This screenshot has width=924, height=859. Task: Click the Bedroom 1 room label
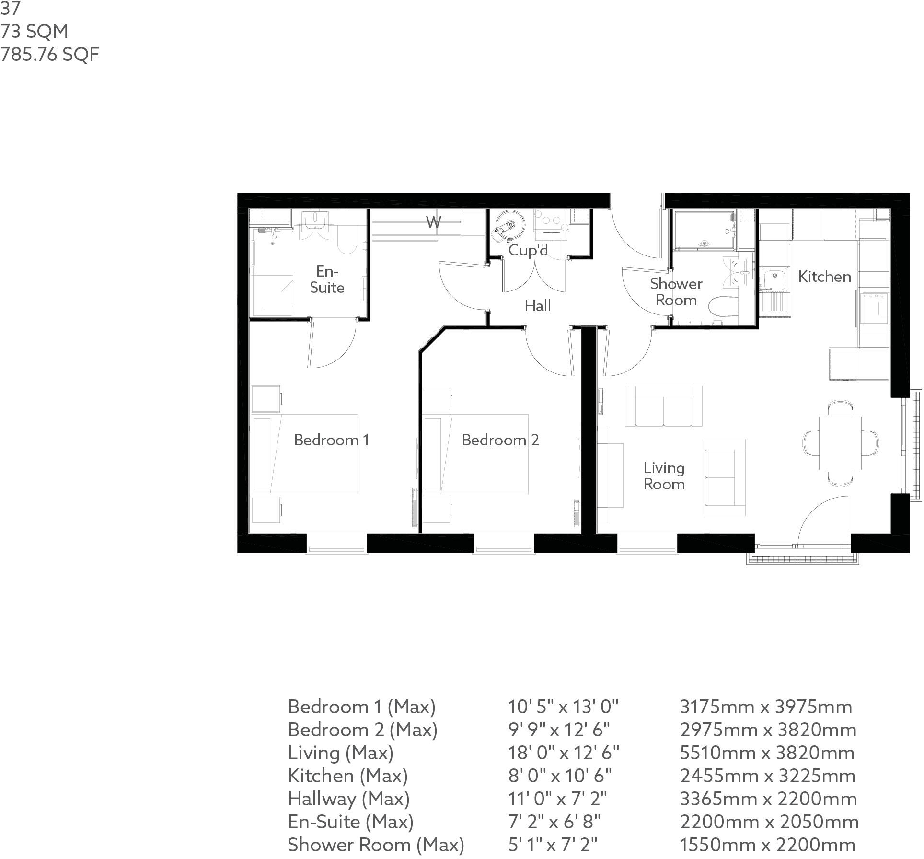[331, 440]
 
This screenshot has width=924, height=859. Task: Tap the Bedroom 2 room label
[500, 440]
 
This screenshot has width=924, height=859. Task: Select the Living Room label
[664, 476]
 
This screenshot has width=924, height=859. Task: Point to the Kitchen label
[824, 277]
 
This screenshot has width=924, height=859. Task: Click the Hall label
[537, 306]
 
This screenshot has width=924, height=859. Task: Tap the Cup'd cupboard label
[528, 250]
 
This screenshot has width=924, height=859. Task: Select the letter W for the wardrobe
[433, 222]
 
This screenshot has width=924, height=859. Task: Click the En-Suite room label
[327, 279]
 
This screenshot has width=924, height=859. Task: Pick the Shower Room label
[676, 292]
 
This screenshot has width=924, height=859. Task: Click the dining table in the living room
[840, 443]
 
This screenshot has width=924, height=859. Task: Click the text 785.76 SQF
[50, 54]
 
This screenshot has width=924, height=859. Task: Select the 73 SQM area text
[35, 32]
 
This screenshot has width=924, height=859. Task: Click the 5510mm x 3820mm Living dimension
[767, 753]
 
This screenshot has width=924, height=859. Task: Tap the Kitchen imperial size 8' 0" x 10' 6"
[560, 776]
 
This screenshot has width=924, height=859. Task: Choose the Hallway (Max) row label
[348, 799]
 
